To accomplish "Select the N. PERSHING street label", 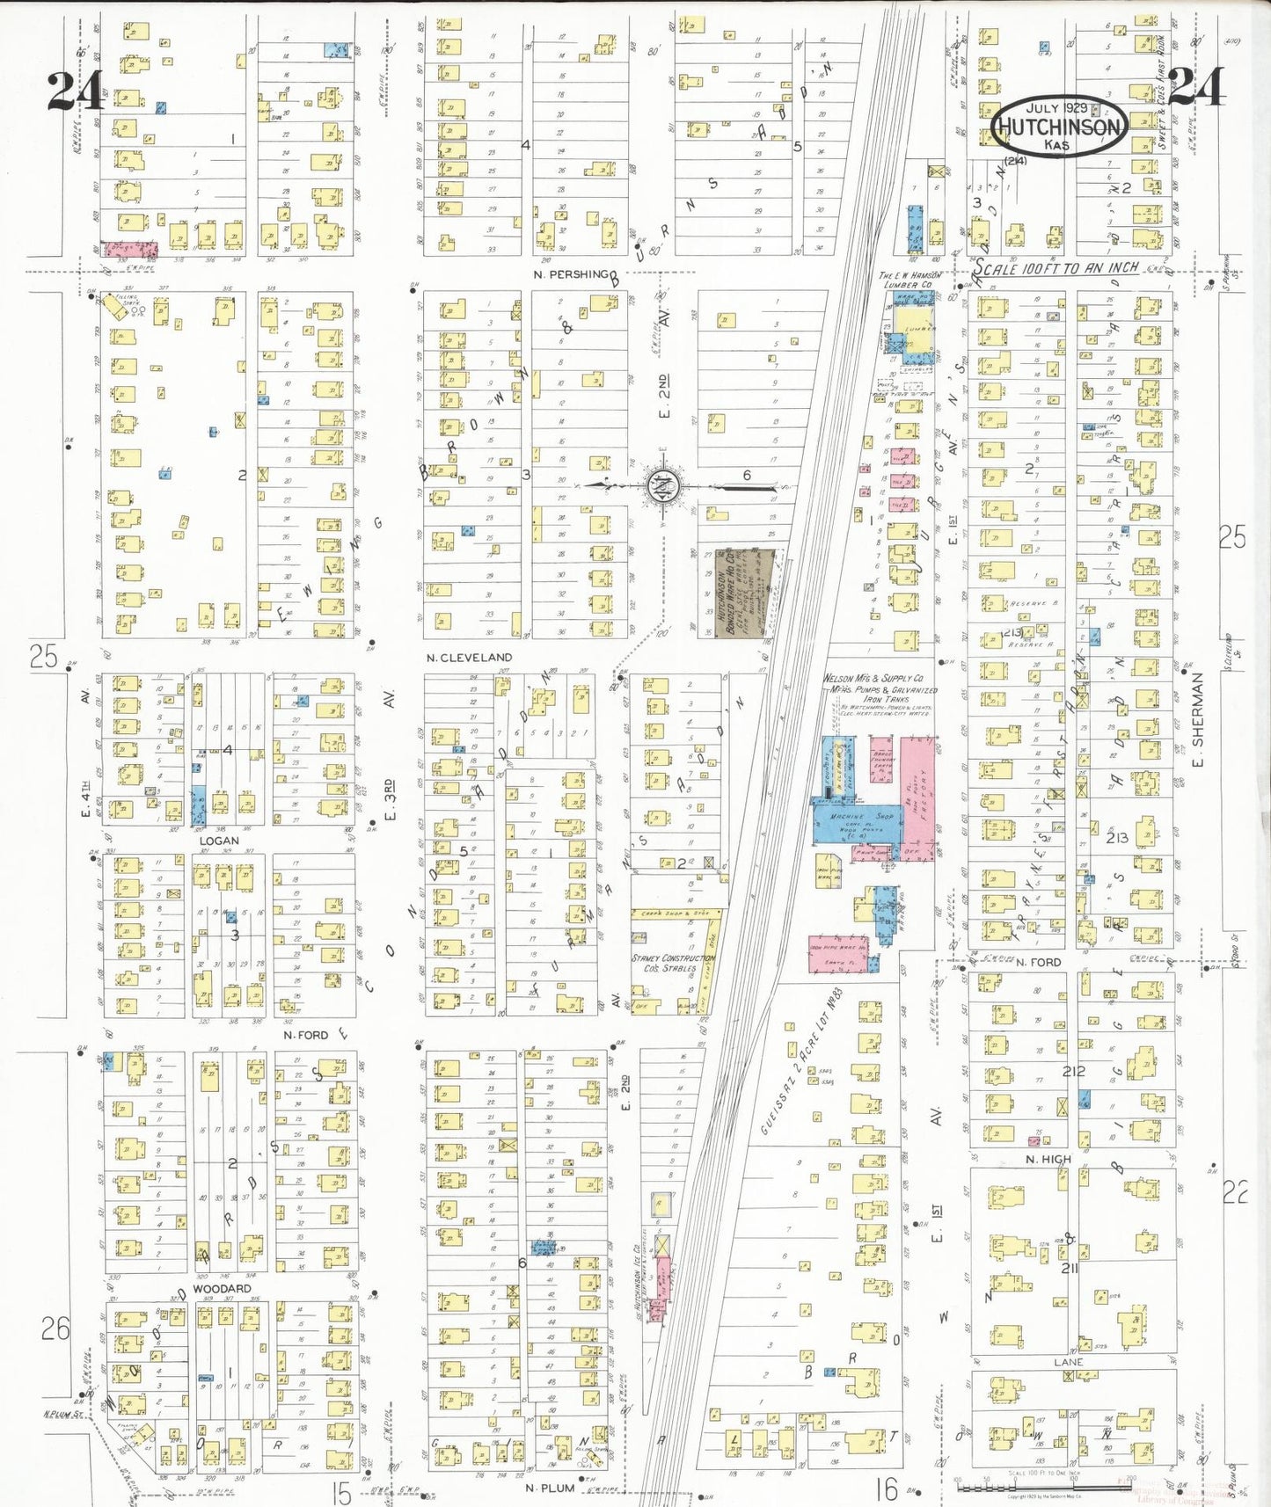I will (570, 274).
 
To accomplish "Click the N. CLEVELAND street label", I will (469, 658).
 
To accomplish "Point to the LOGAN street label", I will (219, 841).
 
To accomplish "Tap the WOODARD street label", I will (222, 1288).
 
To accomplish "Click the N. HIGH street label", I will (1048, 1160).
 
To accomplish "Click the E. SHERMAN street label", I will (1197, 721).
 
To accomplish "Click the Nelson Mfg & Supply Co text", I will (873, 679).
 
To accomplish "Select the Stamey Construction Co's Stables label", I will (673, 963).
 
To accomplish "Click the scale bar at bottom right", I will (1045, 1488).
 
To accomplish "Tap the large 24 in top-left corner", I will (75, 91).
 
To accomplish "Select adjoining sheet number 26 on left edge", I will (55, 1329).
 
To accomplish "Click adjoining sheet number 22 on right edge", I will (1235, 1193).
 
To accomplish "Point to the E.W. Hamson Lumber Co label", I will (909, 280).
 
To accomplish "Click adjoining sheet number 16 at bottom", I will (888, 1488).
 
